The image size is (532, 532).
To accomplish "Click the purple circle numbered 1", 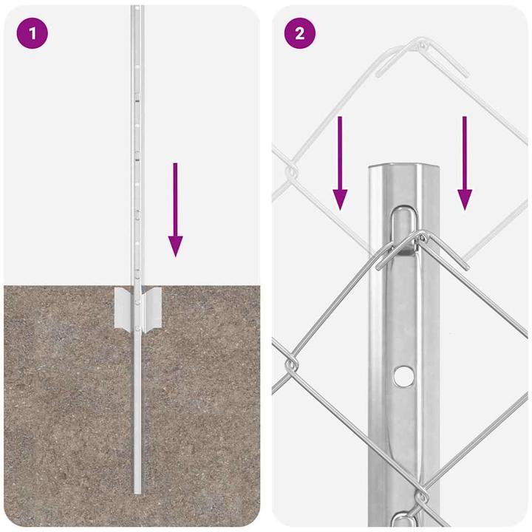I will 32,33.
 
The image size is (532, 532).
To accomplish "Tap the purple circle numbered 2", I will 300,33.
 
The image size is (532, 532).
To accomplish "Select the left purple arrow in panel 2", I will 340,163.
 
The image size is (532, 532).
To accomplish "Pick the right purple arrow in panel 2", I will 465,163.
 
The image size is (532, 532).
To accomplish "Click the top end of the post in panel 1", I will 137,9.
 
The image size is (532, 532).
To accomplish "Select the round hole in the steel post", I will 403,375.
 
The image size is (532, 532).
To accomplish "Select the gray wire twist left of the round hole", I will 292,364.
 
